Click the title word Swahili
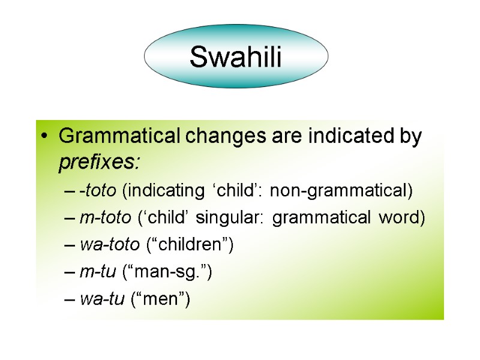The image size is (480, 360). click(x=236, y=58)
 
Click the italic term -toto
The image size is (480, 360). click(x=99, y=191)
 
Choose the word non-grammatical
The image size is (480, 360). click(x=341, y=191)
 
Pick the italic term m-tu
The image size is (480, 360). click(x=96, y=272)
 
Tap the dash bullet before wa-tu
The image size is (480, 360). click(x=69, y=299)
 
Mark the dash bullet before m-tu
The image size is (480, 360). click(x=69, y=272)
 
